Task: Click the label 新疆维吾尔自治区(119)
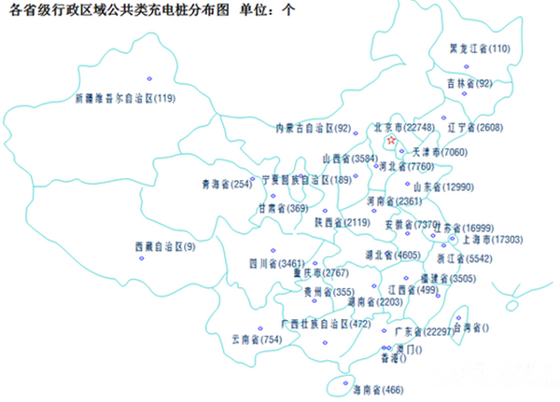pos(126,97)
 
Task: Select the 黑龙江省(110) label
pos(480,49)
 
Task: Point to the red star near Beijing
pos(391,141)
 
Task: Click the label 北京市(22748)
pos(403,127)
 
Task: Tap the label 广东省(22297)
pos(425,331)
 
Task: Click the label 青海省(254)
pos(228,184)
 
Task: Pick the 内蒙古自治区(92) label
pos(313,128)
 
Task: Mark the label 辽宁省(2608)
pos(475,127)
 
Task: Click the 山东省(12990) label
pos(444,187)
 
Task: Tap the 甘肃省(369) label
pos(283,208)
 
